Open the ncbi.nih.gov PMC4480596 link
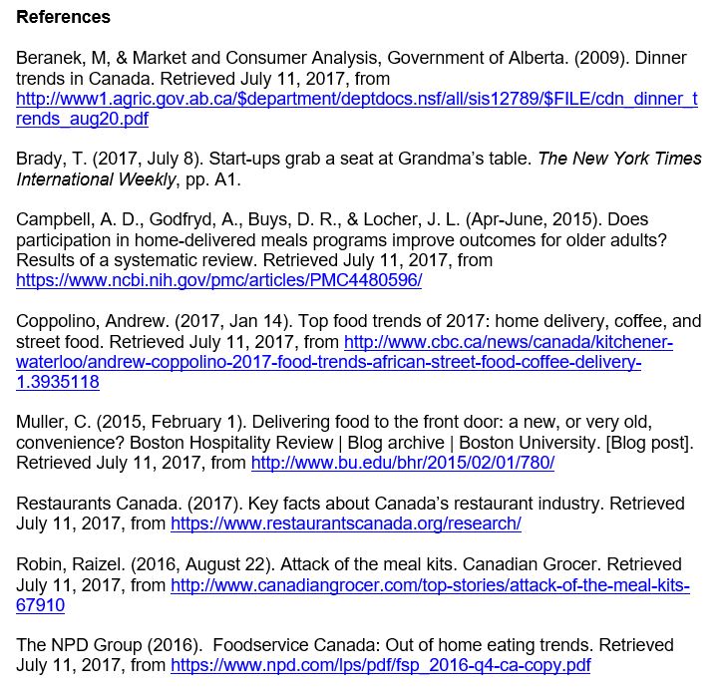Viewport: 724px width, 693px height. [x=219, y=280]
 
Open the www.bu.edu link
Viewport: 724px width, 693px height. [x=402, y=463]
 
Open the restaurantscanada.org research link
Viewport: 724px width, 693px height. [x=345, y=522]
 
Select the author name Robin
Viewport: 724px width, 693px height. [x=41, y=564]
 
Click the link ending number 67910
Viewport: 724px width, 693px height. [x=41, y=605]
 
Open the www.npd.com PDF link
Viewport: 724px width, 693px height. [x=380, y=665]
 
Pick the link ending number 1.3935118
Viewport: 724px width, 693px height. [x=58, y=382]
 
